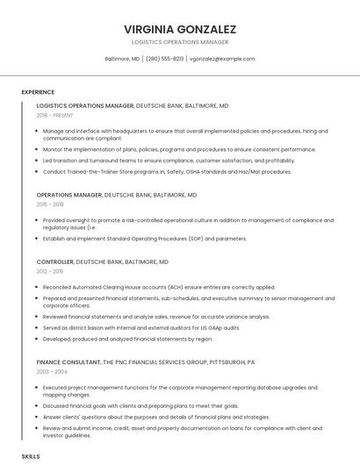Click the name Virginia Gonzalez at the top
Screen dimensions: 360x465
point(180,29)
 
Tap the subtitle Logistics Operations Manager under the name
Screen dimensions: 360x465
point(180,42)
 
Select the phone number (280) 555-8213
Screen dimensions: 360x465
point(164,59)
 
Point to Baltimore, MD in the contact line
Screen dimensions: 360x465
point(122,59)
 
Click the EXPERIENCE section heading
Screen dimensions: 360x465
point(38,92)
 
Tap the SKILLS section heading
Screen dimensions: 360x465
point(31,457)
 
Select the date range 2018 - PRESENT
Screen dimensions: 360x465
point(55,115)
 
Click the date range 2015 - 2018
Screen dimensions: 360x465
point(50,204)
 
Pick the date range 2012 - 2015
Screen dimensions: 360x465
point(50,272)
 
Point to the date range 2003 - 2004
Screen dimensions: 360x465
point(51,371)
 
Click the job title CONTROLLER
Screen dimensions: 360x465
point(54,261)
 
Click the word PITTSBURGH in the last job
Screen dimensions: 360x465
point(235,361)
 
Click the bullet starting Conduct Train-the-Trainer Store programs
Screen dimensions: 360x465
point(167,172)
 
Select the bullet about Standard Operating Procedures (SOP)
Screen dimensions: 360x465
point(145,239)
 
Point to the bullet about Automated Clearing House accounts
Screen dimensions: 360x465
point(159,287)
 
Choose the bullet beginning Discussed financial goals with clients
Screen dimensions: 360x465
point(140,406)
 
